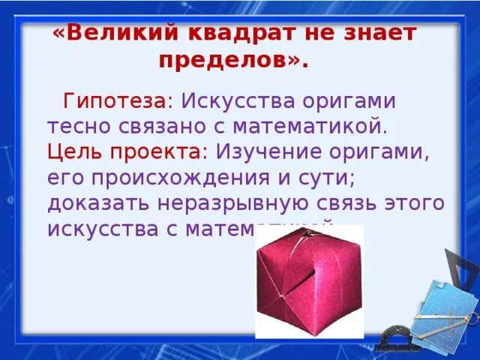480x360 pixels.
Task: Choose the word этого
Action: pyautogui.click(x=407, y=203)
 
